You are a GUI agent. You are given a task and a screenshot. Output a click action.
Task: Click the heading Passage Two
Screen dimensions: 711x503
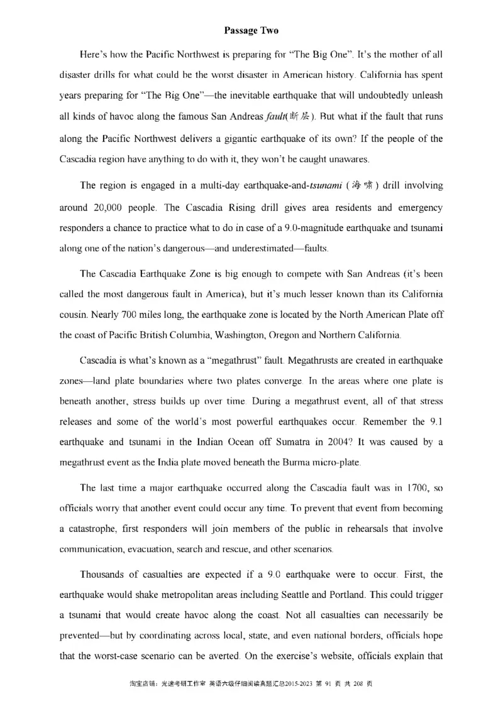(x=251, y=30)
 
